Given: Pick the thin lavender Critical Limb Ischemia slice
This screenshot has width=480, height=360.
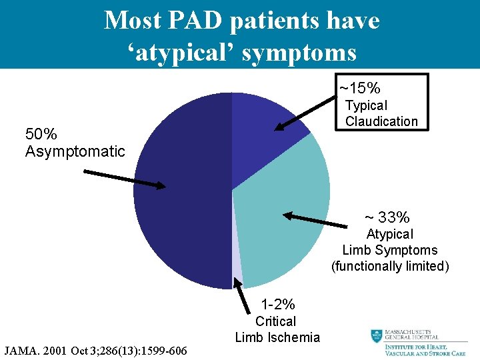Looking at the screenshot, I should (x=237, y=273).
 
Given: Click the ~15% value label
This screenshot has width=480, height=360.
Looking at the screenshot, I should (x=360, y=88).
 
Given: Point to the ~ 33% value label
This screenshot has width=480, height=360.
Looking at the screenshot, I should (x=387, y=217).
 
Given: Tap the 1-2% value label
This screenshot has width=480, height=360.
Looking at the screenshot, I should (x=278, y=305).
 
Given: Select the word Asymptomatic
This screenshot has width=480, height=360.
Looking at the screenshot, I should (x=75, y=151).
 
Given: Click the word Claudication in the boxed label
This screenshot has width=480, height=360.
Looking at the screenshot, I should (x=381, y=121).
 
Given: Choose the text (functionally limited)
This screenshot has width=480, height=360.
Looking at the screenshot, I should (x=391, y=266).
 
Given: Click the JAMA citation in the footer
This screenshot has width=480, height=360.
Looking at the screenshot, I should (x=96, y=350).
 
